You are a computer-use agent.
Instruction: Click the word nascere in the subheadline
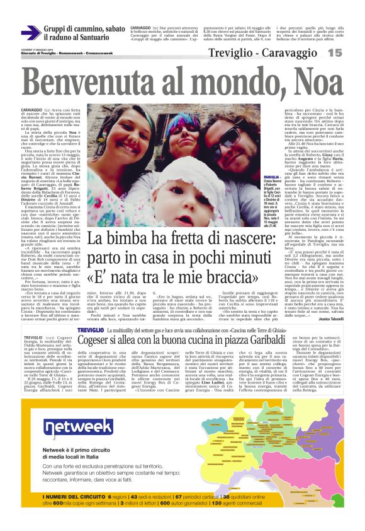(x=226, y=257)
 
